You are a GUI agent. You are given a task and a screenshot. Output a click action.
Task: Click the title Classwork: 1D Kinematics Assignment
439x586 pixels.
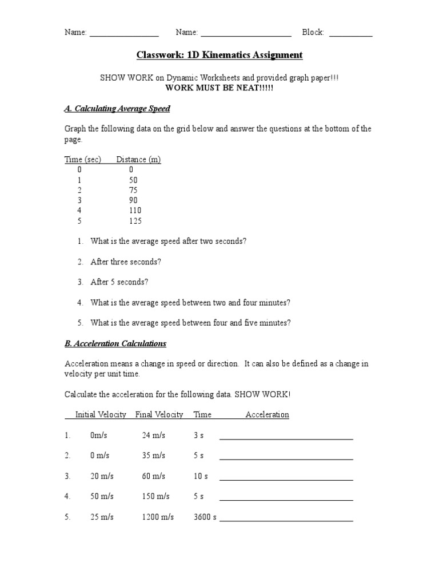pyautogui.click(x=219, y=55)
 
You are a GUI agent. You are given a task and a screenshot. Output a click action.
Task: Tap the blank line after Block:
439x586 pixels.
pyautogui.click(x=351, y=34)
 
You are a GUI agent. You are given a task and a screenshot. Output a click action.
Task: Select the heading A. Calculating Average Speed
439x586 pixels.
pyautogui.click(x=117, y=108)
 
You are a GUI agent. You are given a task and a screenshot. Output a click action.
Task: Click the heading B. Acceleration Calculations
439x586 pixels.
pyautogui.click(x=115, y=343)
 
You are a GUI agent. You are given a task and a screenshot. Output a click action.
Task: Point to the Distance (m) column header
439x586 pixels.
pyautogui.click(x=138, y=160)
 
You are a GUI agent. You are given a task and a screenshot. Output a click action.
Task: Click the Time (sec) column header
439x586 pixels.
pyautogui.click(x=83, y=160)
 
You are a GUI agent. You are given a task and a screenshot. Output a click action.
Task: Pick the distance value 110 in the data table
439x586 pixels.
pyautogui.click(x=135, y=211)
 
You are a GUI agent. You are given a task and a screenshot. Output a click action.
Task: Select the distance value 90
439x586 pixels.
pyautogui.click(x=133, y=200)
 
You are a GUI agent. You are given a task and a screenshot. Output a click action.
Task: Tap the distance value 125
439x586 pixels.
pyautogui.click(x=135, y=221)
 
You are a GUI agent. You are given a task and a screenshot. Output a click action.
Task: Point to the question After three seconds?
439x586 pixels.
pyautogui.click(x=126, y=262)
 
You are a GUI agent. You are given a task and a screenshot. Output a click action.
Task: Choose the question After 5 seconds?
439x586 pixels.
pyautogui.click(x=119, y=282)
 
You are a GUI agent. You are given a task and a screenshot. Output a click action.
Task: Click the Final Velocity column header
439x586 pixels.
pyautogui.click(x=159, y=414)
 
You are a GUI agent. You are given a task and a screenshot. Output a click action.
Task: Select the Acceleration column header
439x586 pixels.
pyautogui.click(x=267, y=414)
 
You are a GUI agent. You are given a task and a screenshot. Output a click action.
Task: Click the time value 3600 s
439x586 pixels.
pyautogui.click(x=205, y=517)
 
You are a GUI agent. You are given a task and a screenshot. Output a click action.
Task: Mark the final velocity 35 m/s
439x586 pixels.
pyautogui.click(x=153, y=456)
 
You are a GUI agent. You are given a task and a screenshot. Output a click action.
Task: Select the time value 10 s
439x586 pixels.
pyautogui.click(x=201, y=476)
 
